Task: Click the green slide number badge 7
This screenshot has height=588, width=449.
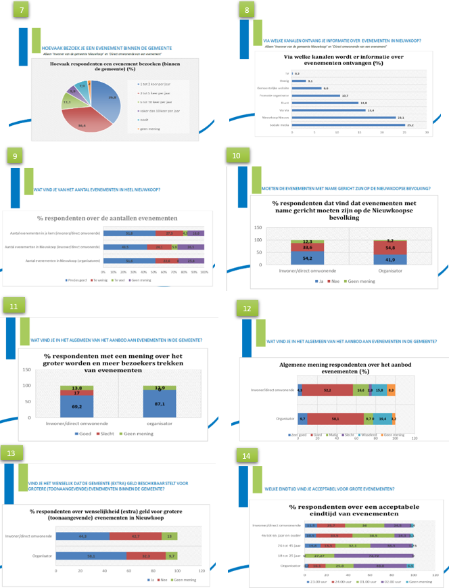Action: pyautogui.click(x=24, y=12)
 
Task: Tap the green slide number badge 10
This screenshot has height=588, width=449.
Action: pyautogui.click(x=236, y=156)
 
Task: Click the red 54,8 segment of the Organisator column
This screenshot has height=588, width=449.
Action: pyautogui.click(x=392, y=248)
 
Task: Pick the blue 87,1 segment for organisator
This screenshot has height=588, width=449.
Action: pyautogui.click(x=159, y=403)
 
